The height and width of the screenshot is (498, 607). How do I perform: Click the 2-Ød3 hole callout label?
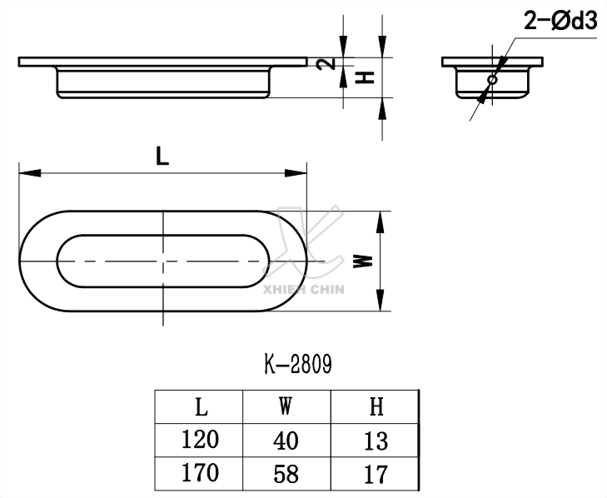560,23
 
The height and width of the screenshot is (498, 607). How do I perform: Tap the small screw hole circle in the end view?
492,80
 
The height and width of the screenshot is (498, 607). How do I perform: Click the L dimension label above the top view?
163,155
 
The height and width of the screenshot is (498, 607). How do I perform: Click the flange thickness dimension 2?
330,63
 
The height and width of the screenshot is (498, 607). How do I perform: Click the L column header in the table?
201,407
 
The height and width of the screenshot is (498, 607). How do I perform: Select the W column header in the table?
286,407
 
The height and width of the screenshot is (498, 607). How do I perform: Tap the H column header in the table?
376,407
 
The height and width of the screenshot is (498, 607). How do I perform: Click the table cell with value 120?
201,440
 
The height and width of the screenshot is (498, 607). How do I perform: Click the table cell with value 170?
201,473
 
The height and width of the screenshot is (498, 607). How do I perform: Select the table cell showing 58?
286,474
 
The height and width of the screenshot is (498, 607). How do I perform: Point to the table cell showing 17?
376,474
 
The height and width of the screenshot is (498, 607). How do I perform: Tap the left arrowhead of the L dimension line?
27,173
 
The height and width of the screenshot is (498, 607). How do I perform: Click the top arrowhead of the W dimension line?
381,220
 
